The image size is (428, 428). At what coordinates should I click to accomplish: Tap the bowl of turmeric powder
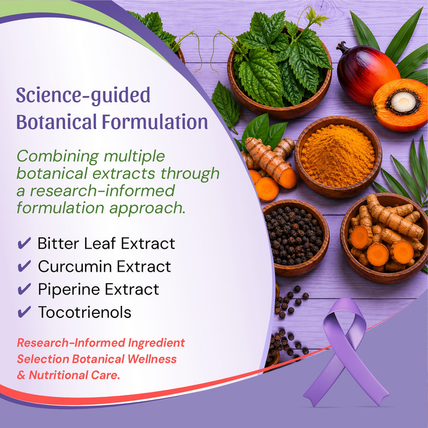pyautogui.click(x=338, y=157)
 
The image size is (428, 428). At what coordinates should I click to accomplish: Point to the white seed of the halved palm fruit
pyautogui.click(x=403, y=102)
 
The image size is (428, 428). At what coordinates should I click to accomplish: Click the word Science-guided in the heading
pyautogui.click(x=83, y=95)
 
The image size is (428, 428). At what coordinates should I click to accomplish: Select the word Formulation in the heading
pyautogui.click(x=155, y=122)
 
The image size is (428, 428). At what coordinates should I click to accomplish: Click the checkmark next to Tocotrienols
pyautogui.click(x=25, y=312)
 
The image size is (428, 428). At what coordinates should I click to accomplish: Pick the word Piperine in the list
pyautogui.click(x=69, y=289)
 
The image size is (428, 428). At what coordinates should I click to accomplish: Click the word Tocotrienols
pyautogui.click(x=84, y=312)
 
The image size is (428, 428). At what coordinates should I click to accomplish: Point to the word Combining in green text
pyautogui.click(x=58, y=157)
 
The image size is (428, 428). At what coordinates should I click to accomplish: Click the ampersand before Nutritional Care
pyautogui.click(x=21, y=375)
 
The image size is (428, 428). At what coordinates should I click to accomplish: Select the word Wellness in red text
pyautogui.click(x=152, y=359)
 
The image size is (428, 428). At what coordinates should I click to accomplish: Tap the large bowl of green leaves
pyautogui.click(x=280, y=74)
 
